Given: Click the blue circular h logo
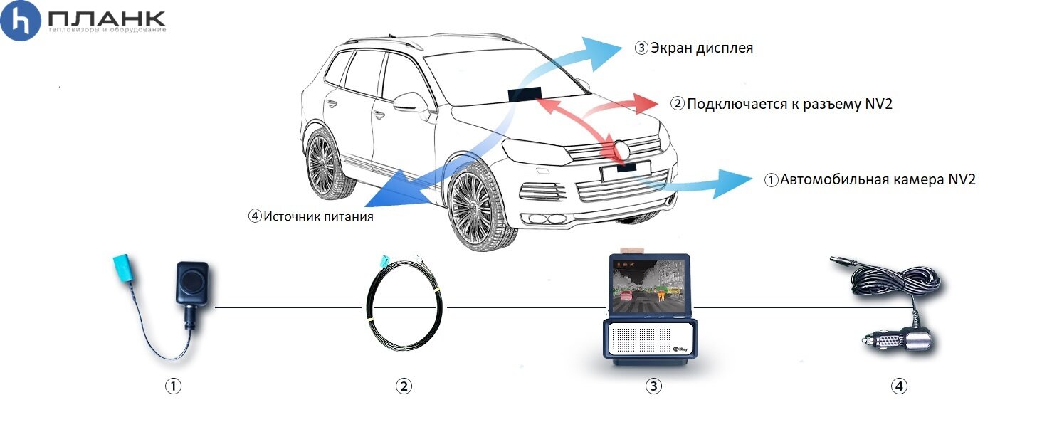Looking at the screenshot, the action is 20,21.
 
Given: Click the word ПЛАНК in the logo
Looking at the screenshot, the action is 107,19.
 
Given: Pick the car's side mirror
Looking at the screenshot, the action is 411,102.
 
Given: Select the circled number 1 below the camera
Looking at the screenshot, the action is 174,386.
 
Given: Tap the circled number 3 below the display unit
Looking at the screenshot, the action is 653,386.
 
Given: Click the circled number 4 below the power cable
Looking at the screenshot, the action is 900,386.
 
